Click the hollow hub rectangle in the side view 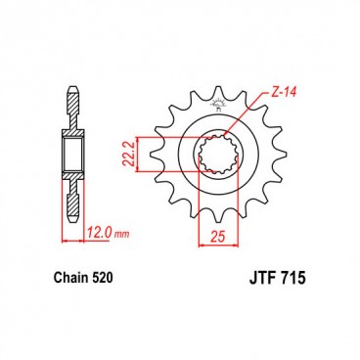[71, 155]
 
